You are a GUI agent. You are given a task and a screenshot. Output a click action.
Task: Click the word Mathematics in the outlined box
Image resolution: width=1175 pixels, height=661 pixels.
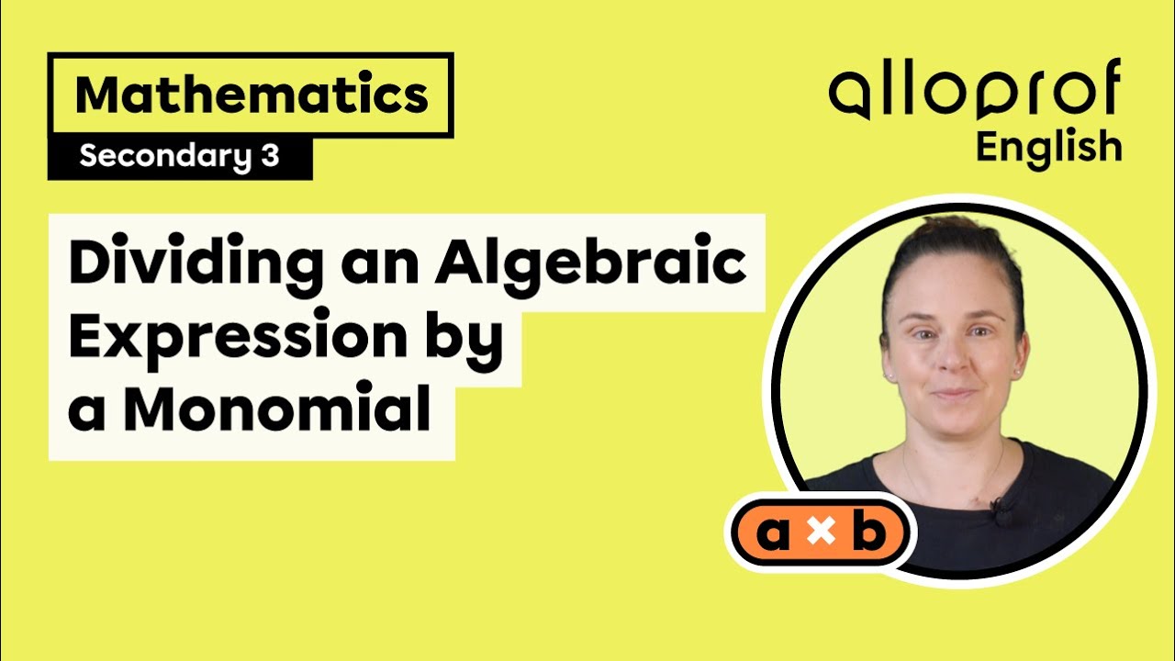click(x=251, y=95)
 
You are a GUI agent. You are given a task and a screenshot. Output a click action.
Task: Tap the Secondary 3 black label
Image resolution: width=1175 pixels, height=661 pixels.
click(x=179, y=157)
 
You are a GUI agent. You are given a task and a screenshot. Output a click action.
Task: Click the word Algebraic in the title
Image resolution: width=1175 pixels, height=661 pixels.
click(x=590, y=264)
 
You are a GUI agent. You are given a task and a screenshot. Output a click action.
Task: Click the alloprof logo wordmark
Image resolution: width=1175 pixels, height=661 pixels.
click(x=975, y=93)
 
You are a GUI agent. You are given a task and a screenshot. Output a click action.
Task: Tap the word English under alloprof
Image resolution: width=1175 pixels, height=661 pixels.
click(x=1048, y=147)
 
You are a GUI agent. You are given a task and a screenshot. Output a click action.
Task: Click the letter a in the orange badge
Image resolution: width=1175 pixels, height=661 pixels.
click(x=774, y=535)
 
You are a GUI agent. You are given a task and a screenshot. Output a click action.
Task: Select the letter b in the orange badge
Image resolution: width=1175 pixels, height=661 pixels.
click(x=867, y=534)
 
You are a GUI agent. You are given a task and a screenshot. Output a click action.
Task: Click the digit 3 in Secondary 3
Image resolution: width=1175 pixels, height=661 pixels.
click(x=269, y=157)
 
